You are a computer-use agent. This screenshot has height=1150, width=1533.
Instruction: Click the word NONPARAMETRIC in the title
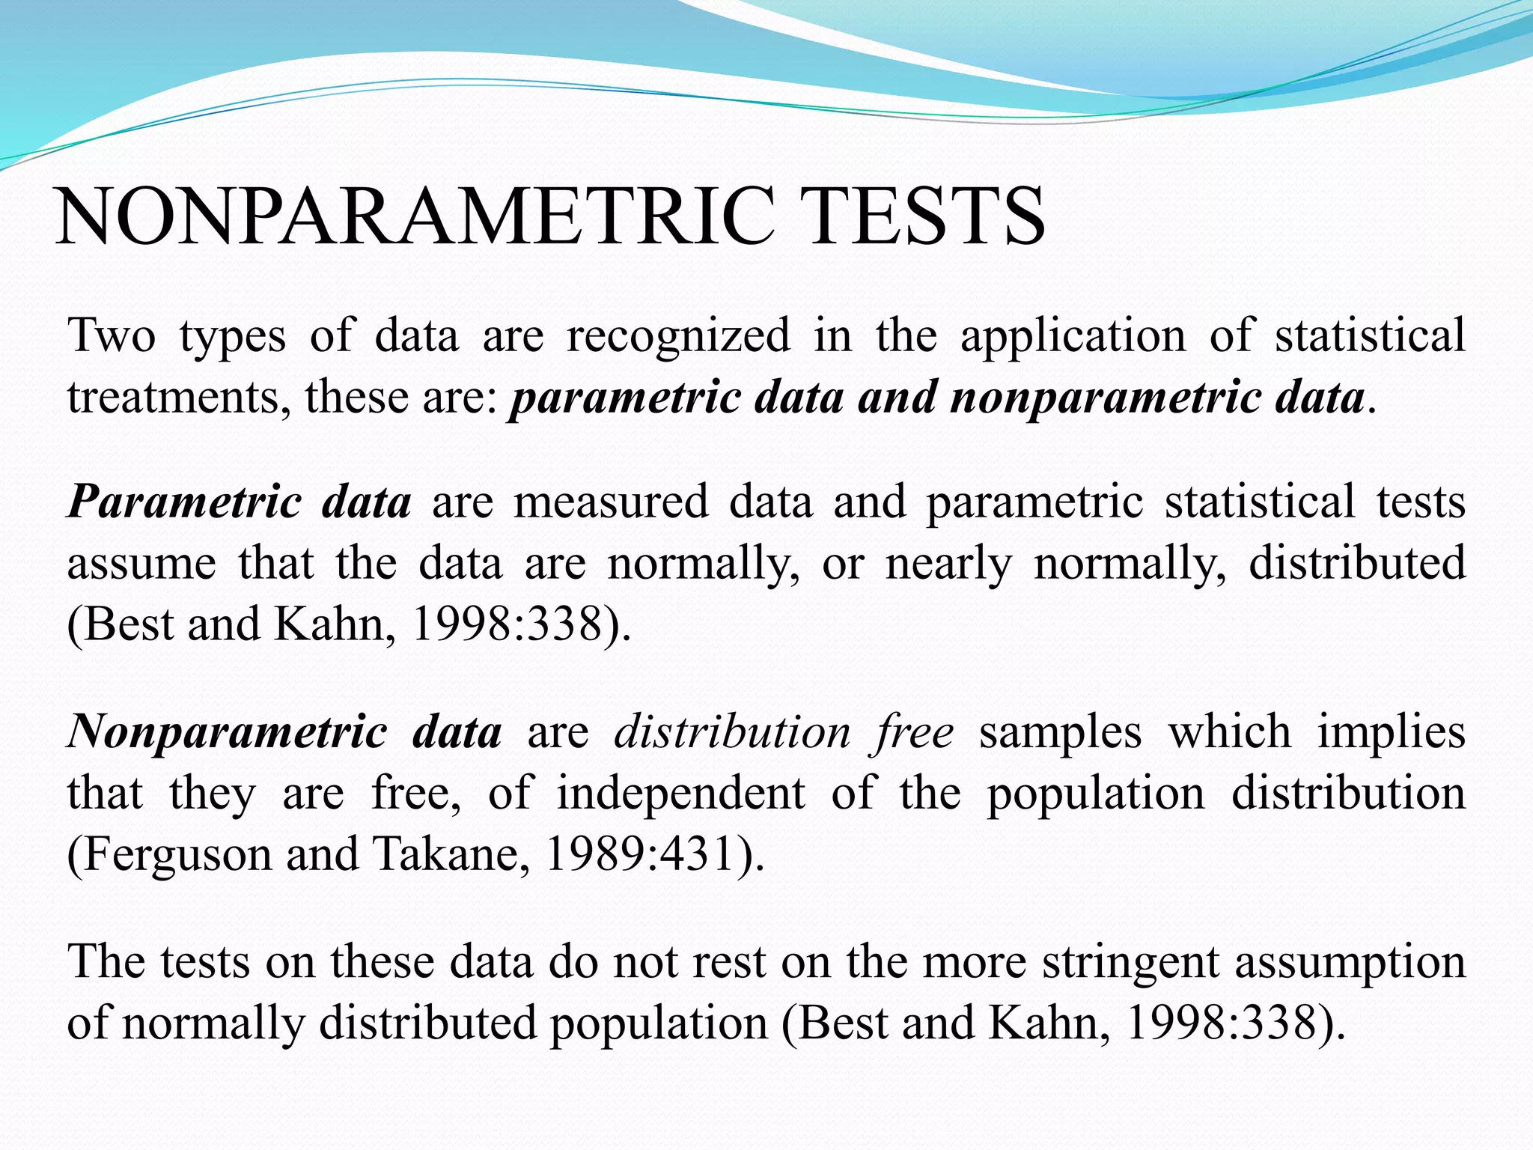click(415, 216)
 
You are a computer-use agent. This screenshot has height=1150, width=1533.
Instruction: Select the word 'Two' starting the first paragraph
click(112, 335)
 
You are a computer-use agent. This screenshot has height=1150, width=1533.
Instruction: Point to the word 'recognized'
click(678, 337)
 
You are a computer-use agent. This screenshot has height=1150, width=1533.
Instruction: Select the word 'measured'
click(610, 502)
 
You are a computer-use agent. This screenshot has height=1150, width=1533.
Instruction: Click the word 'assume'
click(141, 564)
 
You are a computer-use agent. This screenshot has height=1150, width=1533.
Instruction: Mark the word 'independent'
click(680, 794)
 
